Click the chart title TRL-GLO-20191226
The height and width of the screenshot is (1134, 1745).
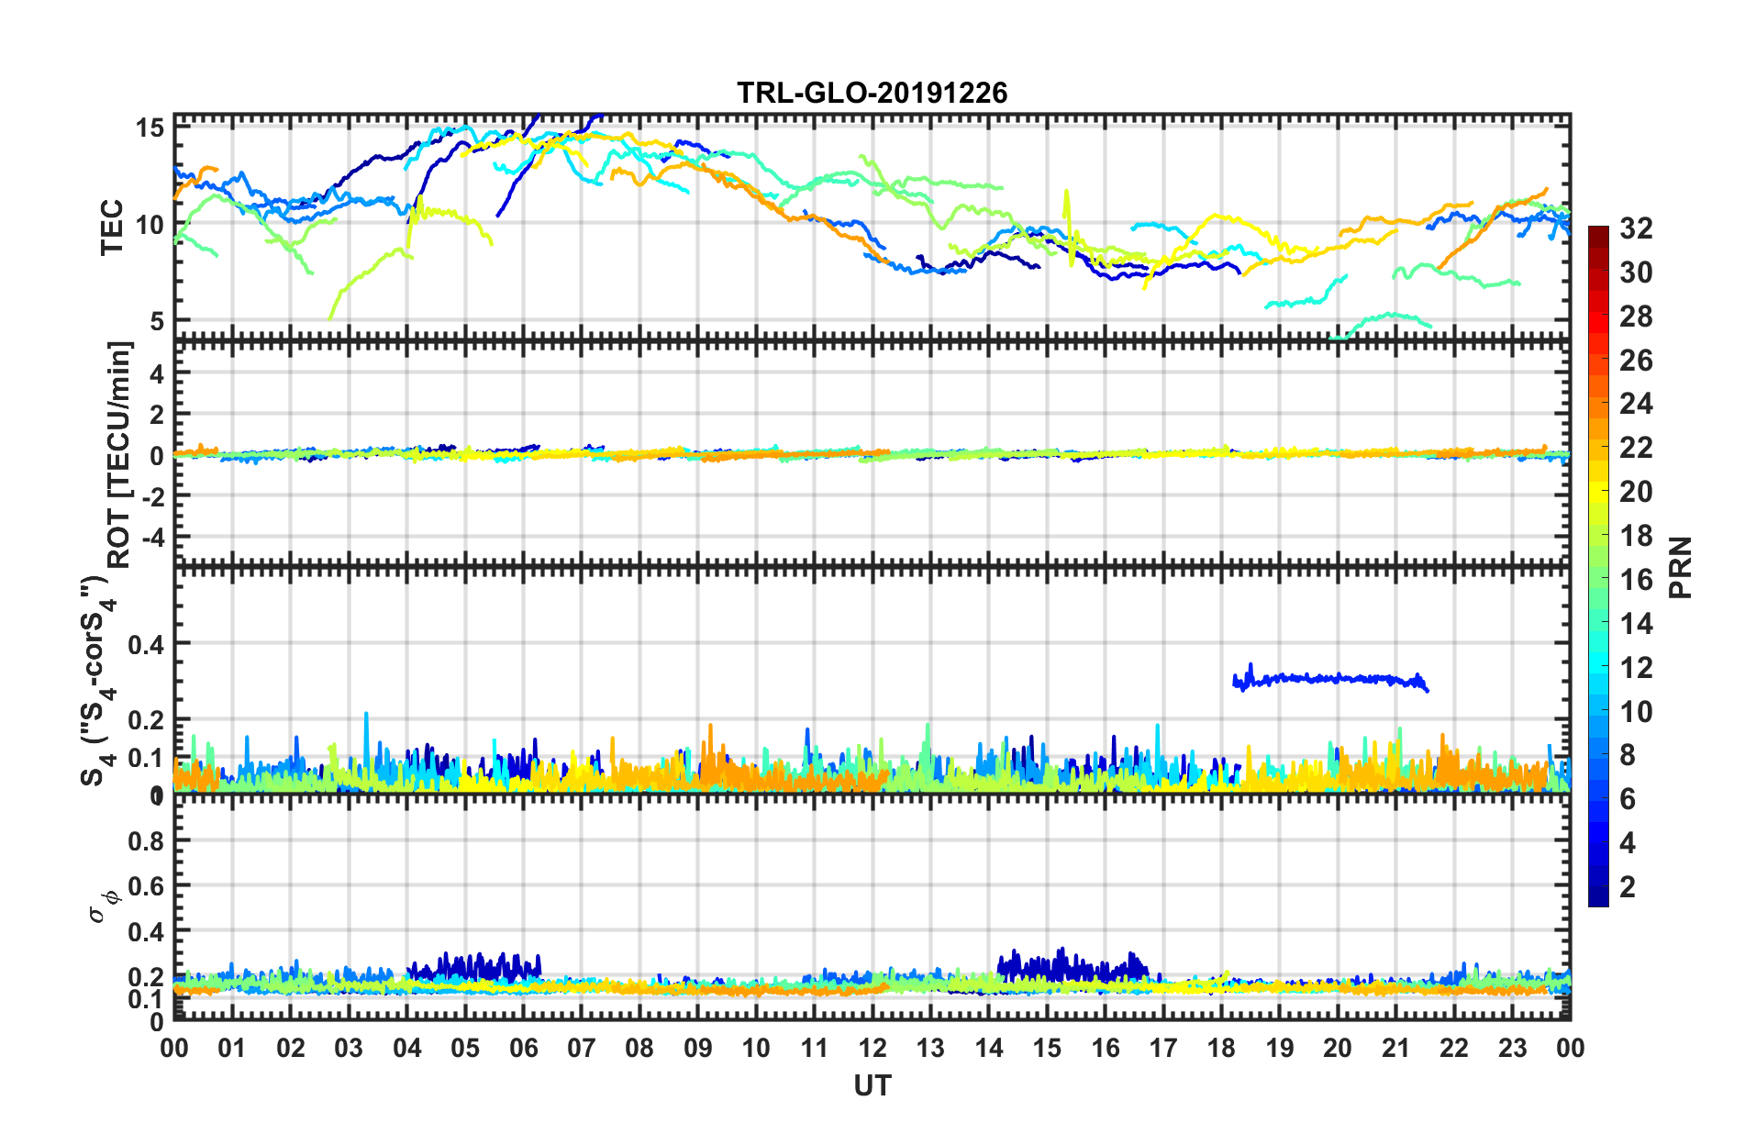872,93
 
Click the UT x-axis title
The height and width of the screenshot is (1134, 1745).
872,1086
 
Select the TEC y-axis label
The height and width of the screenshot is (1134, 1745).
112,227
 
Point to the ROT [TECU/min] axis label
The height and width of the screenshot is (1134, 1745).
119,455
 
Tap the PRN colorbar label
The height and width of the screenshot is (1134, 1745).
1681,567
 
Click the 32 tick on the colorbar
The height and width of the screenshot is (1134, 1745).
1636,228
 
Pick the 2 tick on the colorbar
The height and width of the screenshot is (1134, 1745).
1628,887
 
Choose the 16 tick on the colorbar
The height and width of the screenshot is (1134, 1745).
1636,580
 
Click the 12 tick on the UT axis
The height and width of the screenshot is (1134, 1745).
872,1048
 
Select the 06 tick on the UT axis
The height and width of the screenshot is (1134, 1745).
523,1048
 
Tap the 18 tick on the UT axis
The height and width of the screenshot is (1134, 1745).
1221,1048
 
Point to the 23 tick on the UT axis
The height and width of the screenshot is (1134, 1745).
1512,1048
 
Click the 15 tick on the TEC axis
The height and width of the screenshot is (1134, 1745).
150,128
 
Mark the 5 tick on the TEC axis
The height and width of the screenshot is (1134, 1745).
157,321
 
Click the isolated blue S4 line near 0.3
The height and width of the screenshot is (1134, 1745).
1330,679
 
